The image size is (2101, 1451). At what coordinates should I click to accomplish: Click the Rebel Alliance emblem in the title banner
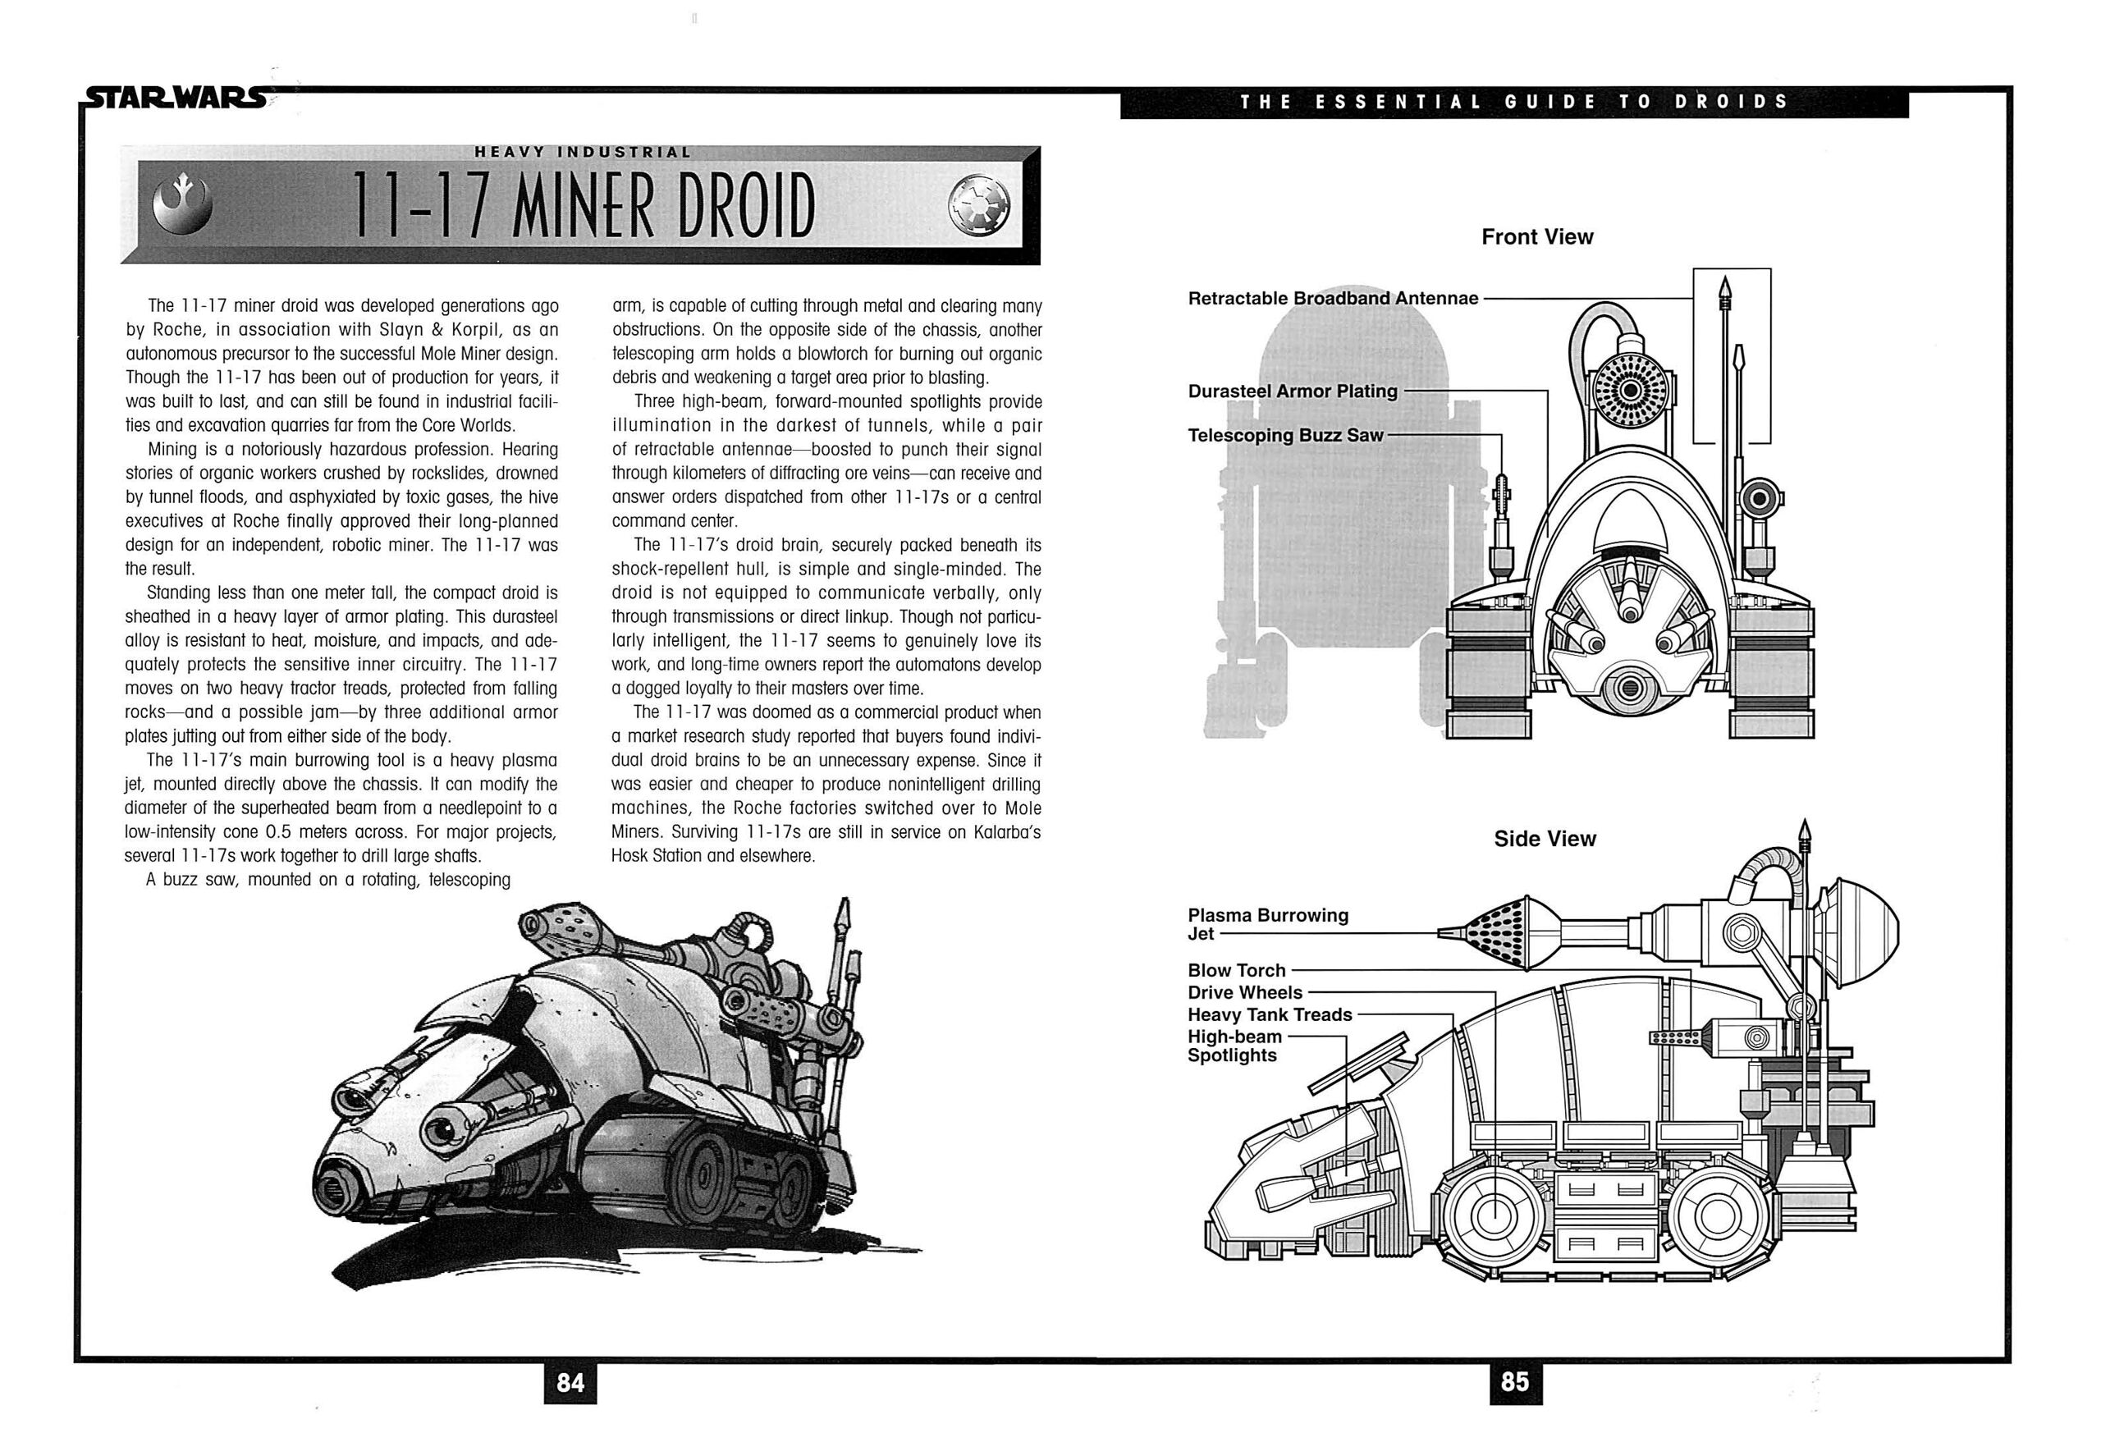pyautogui.click(x=182, y=204)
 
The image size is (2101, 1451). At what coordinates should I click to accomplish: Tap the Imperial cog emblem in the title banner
pyautogui.click(x=978, y=204)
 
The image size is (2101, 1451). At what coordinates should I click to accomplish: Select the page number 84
pyautogui.click(x=570, y=1383)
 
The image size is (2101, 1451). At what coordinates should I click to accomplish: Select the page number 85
pyautogui.click(x=1515, y=1382)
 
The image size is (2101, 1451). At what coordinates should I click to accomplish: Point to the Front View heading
pyautogui.click(x=1536, y=237)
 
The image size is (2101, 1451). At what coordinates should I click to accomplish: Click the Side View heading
pyautogui.click(x=1545, y=838)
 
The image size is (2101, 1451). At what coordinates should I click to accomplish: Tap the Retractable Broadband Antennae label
pyautogui.click(x=1333, y=298)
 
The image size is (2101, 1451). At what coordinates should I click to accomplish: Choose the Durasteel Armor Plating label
pyautogui.click(x=1292, y=391)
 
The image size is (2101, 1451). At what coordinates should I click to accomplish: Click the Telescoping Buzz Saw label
pyautogui.click(x=1284, y=436)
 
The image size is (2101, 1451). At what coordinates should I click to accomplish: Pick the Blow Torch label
pyautogui.click(x=1237, y=970)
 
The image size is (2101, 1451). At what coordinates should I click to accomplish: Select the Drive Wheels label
pyautogui.click(x=1245, y=992)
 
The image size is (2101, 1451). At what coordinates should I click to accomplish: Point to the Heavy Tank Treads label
pyautogui.click(x=1269, y=1014)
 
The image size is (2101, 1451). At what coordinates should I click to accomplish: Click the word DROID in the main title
pyautogui.click(x=744, y=205)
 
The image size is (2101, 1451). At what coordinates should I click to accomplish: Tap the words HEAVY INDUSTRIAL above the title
pyautogui.click(x=583, y=153)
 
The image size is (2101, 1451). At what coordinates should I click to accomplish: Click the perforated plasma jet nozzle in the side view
pyautogui.click(x=1500, y=933)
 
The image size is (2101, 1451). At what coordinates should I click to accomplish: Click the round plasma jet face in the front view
pyautogui.click(x=1631, y=391)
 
